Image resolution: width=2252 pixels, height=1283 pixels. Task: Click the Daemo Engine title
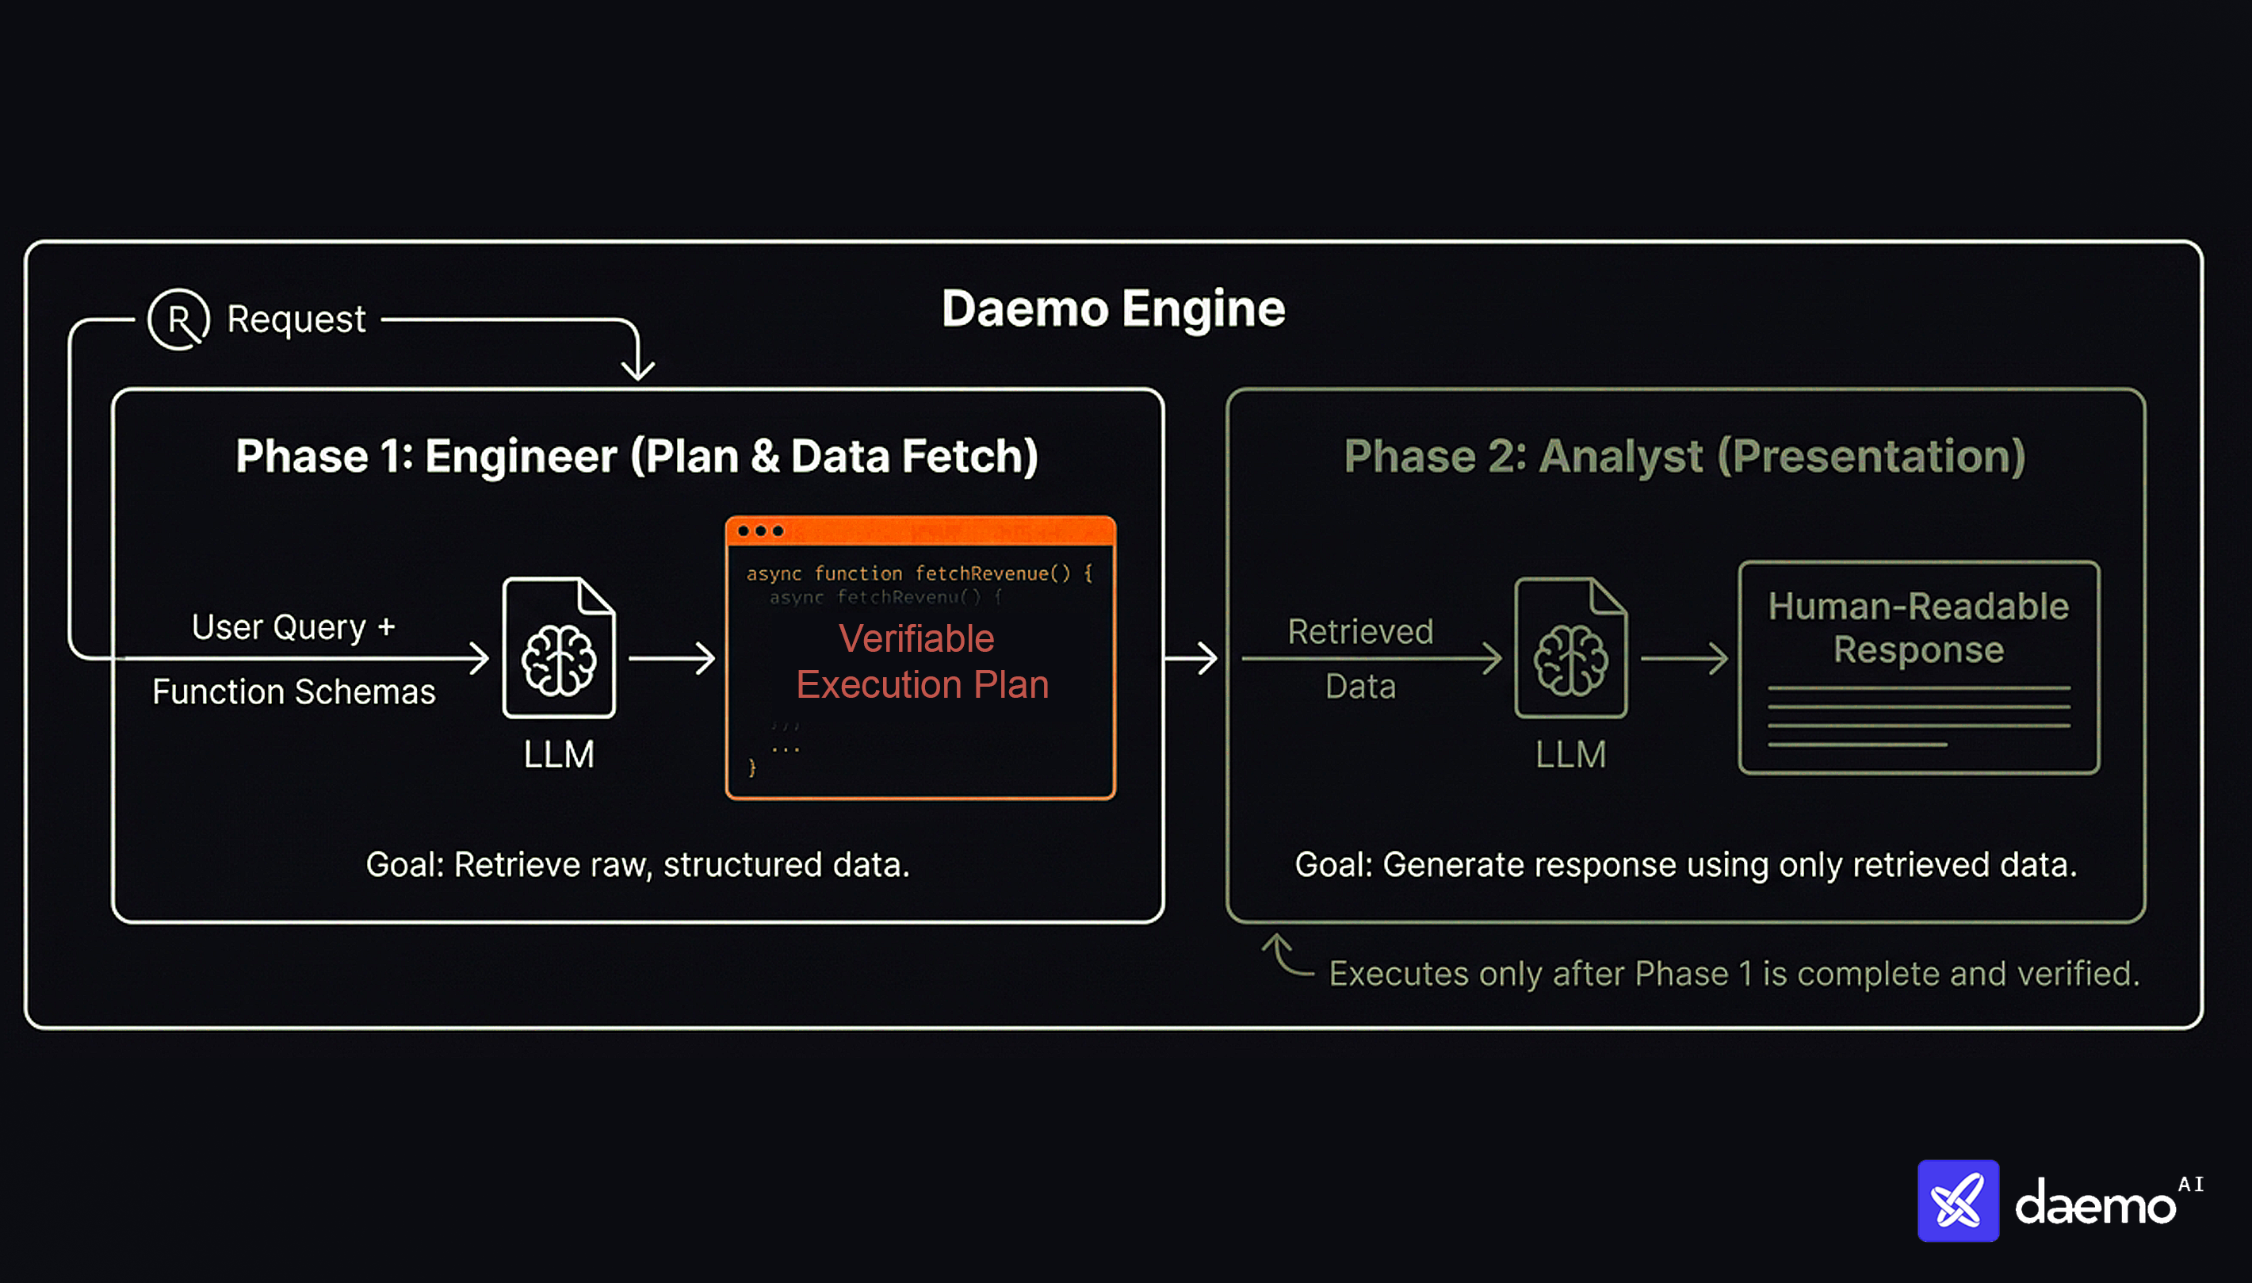pos(1112,309)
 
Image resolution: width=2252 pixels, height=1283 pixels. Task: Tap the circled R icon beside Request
pos(179,320)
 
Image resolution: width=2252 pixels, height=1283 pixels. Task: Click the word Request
pos(296,319)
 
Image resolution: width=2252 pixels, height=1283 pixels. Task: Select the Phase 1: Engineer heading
pos(637,457)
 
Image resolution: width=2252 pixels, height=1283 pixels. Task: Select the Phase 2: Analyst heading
pos(1684,457)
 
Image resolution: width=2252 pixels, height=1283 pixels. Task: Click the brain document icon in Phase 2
pos(1570,648)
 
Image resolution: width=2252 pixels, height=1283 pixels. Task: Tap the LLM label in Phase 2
pos(1570,755)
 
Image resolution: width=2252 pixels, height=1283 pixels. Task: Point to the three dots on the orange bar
pos(760,531)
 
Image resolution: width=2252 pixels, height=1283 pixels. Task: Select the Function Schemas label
pos(293,692)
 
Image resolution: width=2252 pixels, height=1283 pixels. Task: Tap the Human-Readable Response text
pos(1918,628)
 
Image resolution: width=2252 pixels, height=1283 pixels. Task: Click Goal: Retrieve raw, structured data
pos(637,865)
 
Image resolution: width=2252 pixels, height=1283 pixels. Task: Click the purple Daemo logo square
pos(1957,1201)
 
